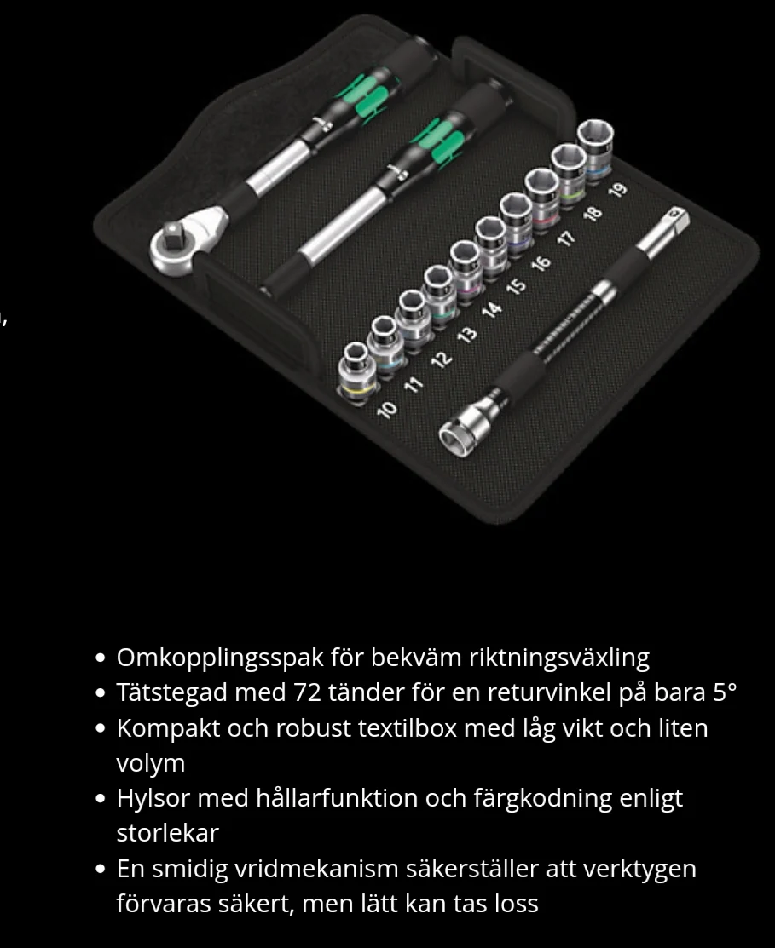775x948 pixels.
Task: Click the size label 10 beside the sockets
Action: click(386, 410)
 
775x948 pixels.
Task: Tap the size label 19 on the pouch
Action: click(617, 190)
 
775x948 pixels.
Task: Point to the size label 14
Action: click(492, 309)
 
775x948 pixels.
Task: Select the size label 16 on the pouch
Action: click(541, 263)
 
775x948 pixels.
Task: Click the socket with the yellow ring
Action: click(356, 371)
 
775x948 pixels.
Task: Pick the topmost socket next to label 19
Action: click(594, 147)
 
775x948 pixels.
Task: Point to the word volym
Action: click(151, 764)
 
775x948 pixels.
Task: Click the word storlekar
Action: click(168, 833)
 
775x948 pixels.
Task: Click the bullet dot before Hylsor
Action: click(101, 799)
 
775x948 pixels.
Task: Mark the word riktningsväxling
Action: click(559, 658)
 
